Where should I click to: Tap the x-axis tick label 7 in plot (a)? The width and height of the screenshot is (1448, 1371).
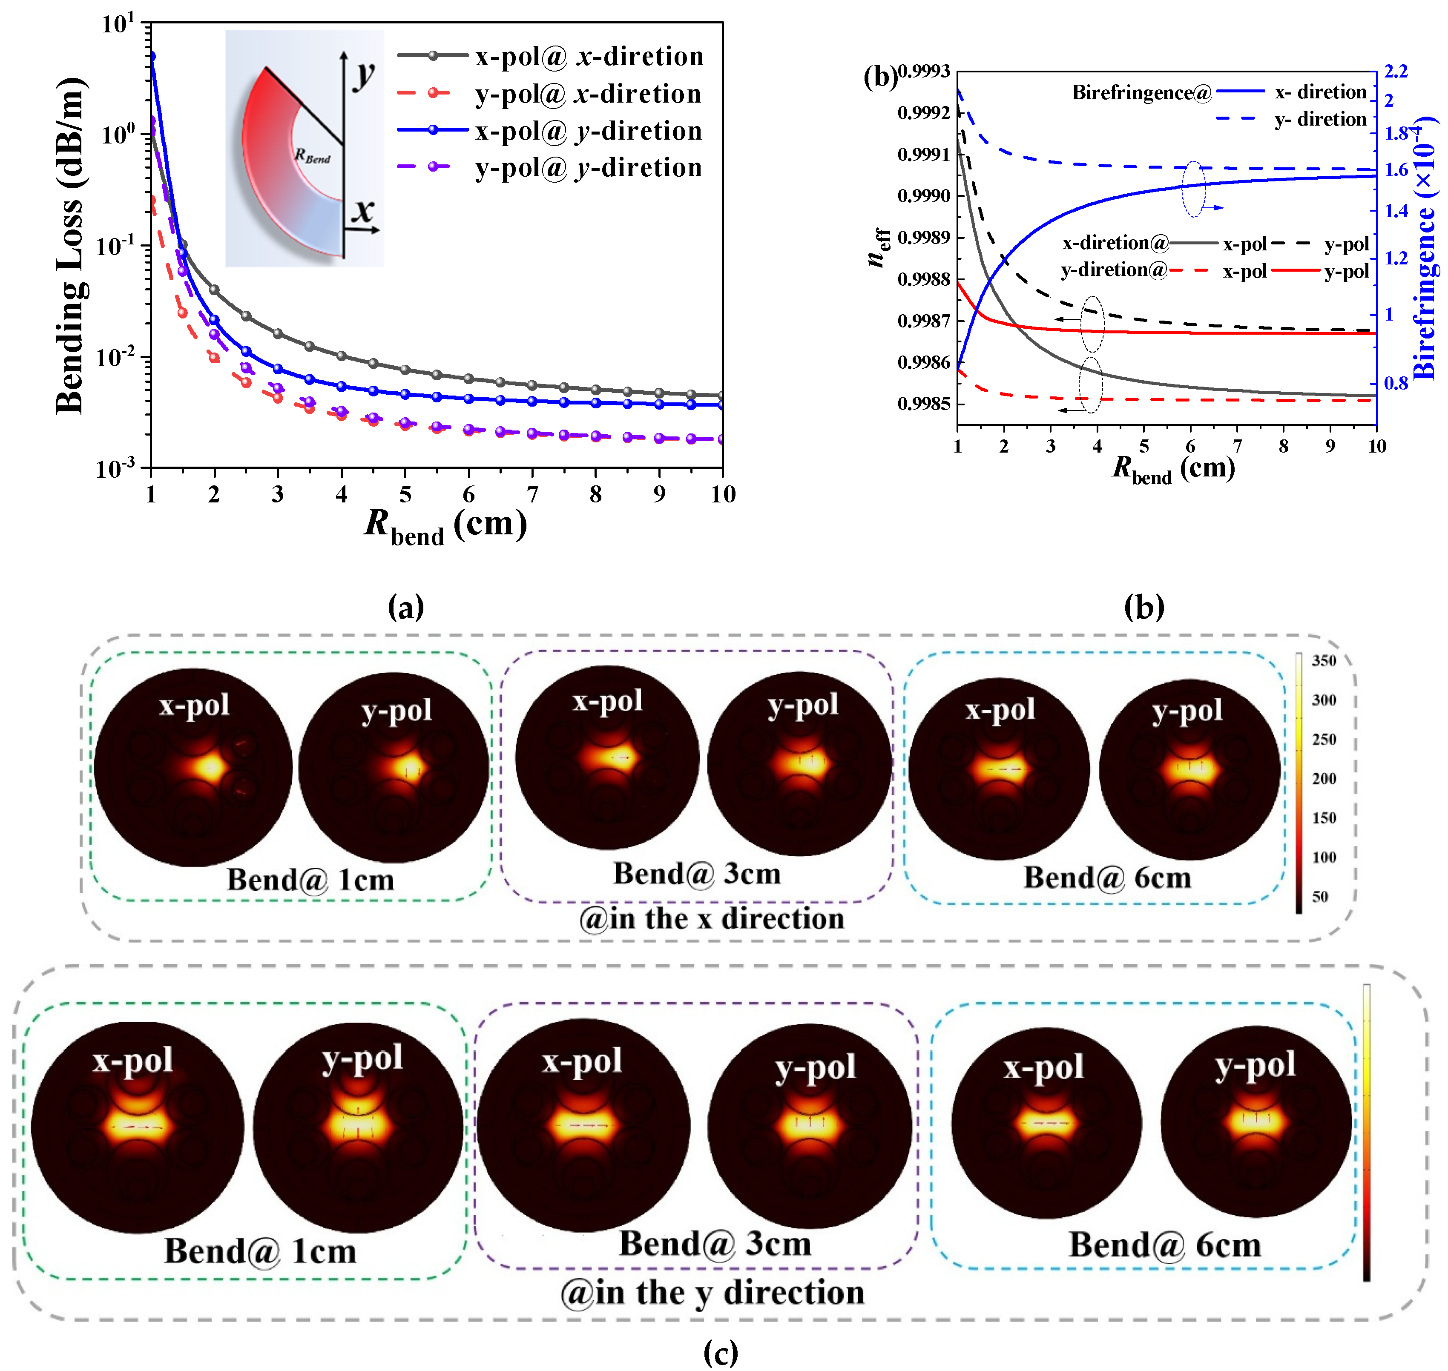pyautogui.click(x=532, y=495)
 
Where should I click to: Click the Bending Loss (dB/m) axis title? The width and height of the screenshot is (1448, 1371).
pyautogui.click(x=71, y=245)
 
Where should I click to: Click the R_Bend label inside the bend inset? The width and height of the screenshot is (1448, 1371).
pyautogui.click(x=312, y=156)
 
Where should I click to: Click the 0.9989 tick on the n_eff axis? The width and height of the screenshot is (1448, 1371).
pyautogui.click(x=923, y=238)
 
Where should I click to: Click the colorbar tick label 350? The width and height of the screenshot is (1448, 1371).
pyautogui.click(x=1324, y=661)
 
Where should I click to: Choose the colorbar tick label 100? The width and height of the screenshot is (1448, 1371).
pyautogui.click(x=1324, y=857)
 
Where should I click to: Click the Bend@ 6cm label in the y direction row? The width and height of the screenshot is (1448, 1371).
pyautogui.click(x=1165, y=1245)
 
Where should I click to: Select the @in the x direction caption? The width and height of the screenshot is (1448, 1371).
pyautogui.click(x=711, y=919)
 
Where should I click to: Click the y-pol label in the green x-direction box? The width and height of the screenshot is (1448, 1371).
pyautogui.click(x=396, y=710)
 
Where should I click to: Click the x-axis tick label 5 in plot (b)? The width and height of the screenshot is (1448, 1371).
pyautogui.click(x=1144, y=447)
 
